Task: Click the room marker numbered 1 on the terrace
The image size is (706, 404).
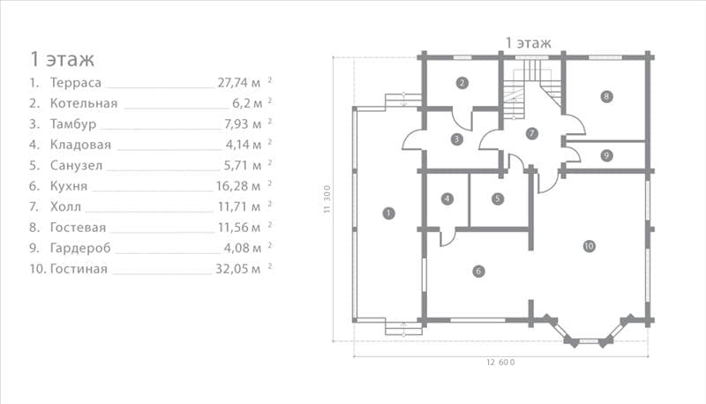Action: click(x=388, y=213)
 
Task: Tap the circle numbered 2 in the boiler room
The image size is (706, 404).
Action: click(x=462, y=83)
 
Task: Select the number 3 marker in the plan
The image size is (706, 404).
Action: click(x=456, y=139)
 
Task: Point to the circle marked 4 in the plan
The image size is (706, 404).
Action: click(x=447, y=198)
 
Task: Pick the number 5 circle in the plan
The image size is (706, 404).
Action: click(x=498, y=198)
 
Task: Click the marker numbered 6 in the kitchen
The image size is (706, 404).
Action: click(x=478, y=272)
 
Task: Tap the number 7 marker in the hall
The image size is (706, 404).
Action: click(x=532, y=133)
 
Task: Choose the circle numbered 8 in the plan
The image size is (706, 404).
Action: click(x=606, y=96)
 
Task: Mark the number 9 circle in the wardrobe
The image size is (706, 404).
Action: click(x=606, y=155)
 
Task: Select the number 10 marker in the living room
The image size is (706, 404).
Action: click(x=589, y=246)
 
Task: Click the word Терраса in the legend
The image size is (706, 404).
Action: click(x=76, y=83)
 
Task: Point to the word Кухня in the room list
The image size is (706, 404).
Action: click(x=69, y=186)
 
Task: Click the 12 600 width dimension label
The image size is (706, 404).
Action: click(x=500, y=363)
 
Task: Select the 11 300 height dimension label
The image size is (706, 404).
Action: click(x=327, y=198)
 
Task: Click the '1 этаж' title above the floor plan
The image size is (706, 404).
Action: click(x=528, y=43)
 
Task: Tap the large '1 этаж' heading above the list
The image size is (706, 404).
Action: click(x=62, y=59)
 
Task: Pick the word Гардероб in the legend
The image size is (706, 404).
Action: click(x=80, y=249)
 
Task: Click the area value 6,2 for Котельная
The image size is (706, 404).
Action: click(x=241, y=103)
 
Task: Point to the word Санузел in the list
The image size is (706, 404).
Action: click(x=76, y=166)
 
